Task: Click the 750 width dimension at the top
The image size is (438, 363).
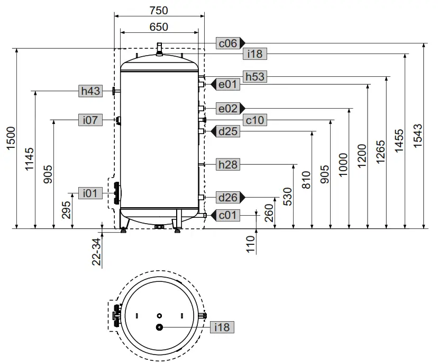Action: point(158,10)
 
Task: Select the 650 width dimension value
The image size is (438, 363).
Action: point(158,26)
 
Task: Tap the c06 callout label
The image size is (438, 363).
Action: point(227,43)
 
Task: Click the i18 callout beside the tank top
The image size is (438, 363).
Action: point(255,54)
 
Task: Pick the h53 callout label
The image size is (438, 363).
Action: point(254,77)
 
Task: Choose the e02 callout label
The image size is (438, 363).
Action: point(228,108)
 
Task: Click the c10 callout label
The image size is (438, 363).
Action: point(254,121)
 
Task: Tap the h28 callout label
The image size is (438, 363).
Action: point(229,165)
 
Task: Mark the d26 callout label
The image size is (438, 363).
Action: point(228,198)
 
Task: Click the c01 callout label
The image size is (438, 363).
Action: point(228,215)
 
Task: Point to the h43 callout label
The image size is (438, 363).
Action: point(90,91)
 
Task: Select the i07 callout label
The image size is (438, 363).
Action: point(90,120)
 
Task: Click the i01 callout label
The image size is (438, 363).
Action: point(90,193)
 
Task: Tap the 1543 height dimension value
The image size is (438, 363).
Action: point(418,136)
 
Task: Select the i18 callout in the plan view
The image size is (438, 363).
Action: point(222,327)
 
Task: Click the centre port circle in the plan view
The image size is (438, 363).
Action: point(159,327)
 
